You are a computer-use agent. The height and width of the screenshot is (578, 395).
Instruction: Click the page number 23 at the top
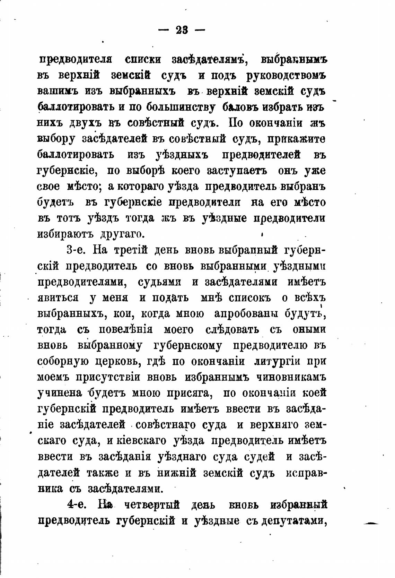182,31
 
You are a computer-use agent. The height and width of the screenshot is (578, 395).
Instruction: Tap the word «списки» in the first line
142,59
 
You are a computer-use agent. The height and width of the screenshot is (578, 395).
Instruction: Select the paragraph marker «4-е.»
77,504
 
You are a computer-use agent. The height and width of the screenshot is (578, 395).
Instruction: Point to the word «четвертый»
151,505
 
